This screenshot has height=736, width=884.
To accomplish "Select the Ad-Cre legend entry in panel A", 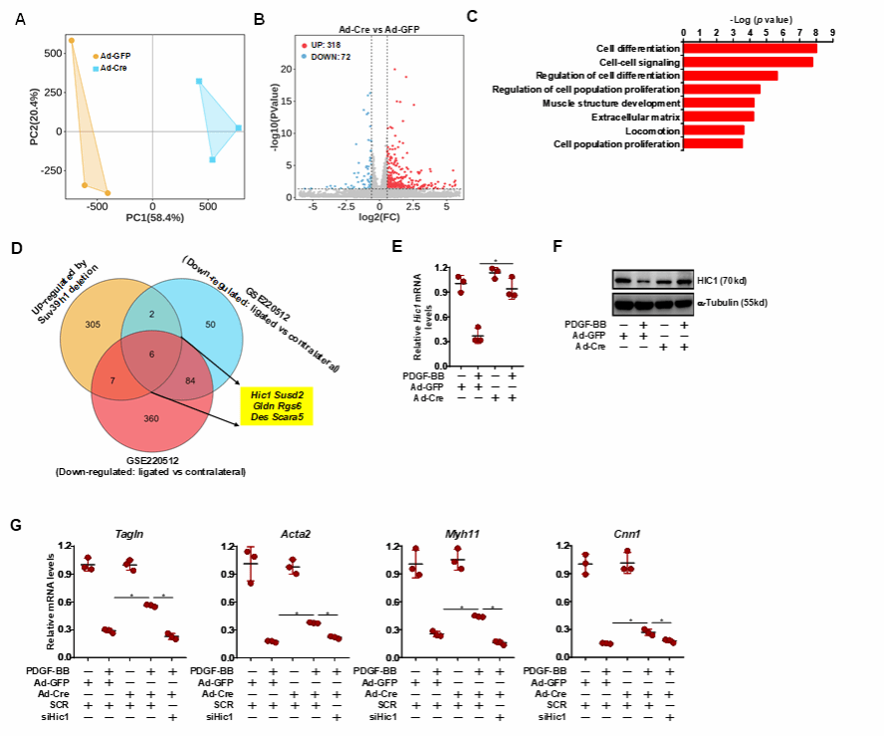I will pos(112,68).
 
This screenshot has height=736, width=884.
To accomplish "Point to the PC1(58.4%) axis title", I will pos(152,214).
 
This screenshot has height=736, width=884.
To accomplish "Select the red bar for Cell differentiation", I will pos(750,48).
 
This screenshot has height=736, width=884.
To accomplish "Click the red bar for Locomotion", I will pos(713,130).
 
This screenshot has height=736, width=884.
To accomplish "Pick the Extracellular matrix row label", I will pos(636,117).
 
